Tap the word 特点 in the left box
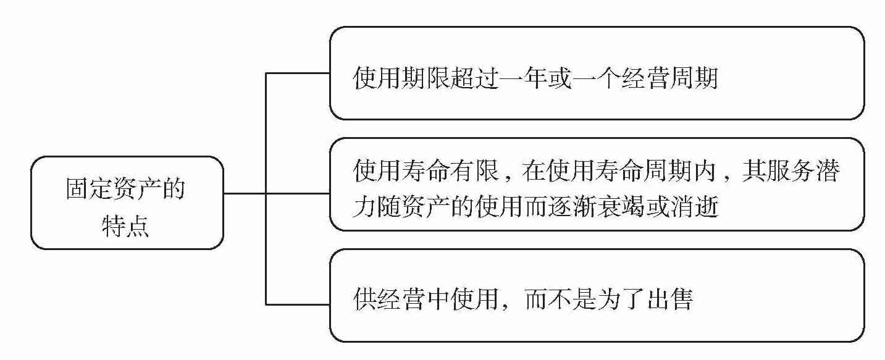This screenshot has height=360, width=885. (125, 227)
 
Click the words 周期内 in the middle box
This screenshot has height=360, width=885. (680, 171)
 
